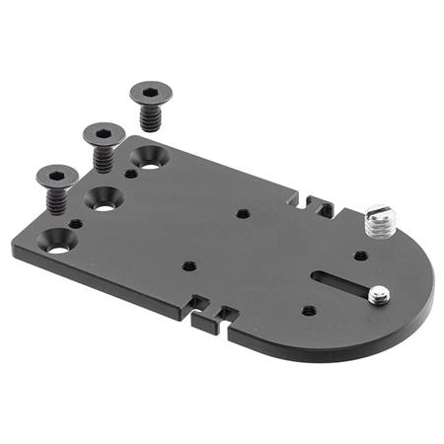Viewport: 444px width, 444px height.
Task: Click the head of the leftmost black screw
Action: click(56, 176)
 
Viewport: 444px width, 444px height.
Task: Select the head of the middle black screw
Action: click(103, 132)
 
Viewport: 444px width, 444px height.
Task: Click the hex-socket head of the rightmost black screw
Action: click(150, 93)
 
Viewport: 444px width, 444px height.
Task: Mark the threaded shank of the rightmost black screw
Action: click(151, 118)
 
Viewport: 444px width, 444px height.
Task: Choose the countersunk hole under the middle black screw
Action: click(104, 197)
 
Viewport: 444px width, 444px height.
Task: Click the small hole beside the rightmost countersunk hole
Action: click(131, 174)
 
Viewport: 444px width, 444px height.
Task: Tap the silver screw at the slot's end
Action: click(378, 293)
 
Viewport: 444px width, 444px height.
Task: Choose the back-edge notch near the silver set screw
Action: click(317, 204)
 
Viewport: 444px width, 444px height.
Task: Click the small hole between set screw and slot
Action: click(361, 256)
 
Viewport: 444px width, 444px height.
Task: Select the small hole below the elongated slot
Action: click(309, 310)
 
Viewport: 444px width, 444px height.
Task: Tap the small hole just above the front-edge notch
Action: click(187, 265)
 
